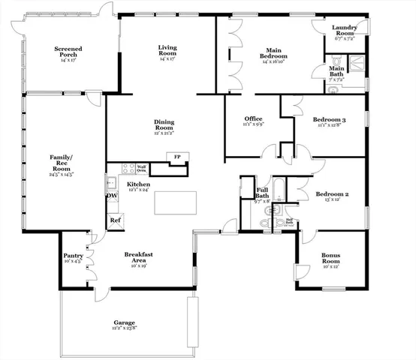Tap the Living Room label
coord(167,51)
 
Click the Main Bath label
coord(337,70)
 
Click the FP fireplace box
coord(177,156)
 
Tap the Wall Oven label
coord(140,169)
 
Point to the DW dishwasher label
coord(112,196)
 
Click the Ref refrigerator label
coord(115,220)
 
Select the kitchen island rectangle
coord(176,202)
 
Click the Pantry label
coord(73,258)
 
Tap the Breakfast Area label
coord(140,257)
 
